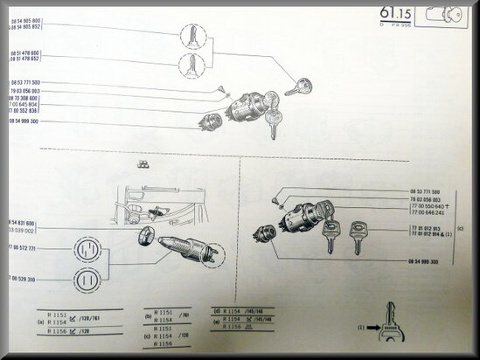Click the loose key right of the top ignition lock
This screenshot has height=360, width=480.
[298, 87]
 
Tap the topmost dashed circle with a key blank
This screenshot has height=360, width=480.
[192, 36]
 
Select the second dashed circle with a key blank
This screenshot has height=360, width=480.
[192, 64]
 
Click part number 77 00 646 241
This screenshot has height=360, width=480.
[428, 212]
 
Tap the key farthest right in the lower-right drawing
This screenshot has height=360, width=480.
[357, 236]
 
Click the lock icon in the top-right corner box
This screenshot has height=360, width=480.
[450, 17]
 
